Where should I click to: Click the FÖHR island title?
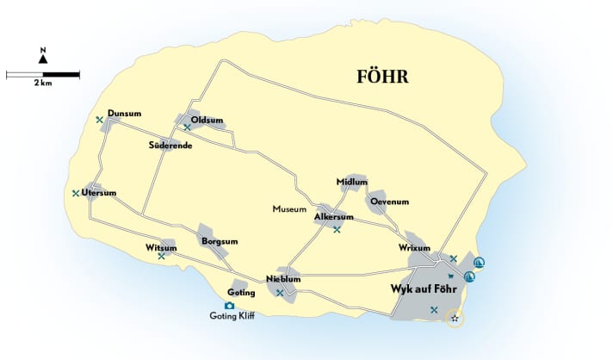[x=382, y=77]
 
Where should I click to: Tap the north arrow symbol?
[x=43, y=59]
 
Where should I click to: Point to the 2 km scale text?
[x=43, y=84]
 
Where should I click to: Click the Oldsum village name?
[x=207, y=120]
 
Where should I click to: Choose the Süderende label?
[x=170, y=145]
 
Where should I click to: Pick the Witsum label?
[x=161, y=248]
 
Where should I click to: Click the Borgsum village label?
[x=220, y=243]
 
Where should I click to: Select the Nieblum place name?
[x=283, y=279]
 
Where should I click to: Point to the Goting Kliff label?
[x=232, y=316]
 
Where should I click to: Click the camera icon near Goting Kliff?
[x=229, y=305]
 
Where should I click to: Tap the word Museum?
[x=289, y=209]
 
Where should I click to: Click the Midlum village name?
[x=353, y=182]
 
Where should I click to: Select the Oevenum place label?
[x=389, y=202]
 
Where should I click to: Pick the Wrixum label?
[x=414, y=247]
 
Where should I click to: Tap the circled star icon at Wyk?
[x=455, y=319]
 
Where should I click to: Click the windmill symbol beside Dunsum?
[x=100, y=120]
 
